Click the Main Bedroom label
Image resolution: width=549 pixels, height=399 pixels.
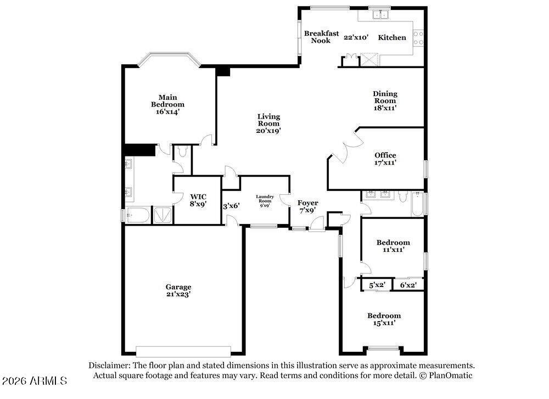click(x=167, y=100)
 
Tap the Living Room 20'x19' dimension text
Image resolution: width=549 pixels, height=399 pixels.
click(x=269, y=131)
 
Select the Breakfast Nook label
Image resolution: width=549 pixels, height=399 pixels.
click(x=321, y=37)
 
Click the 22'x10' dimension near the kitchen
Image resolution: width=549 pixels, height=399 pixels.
click(x=356, y=38)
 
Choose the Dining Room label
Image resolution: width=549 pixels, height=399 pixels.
click(x=385, y=97)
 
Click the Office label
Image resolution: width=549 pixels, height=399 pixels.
click(x=385, y=155)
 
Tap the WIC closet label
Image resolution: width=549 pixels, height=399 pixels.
click(x=198, y=196)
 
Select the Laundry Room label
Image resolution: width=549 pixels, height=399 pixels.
click(x=264, y=199)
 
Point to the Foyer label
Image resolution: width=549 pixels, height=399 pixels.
click(x=308, y=203)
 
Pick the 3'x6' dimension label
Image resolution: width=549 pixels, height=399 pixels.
click(x=231, y=207)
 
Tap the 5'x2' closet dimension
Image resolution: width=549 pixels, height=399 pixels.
click(x=377, y=285)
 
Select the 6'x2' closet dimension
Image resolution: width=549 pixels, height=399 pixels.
click(x=408, y=285)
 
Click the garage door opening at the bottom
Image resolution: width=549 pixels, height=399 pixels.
click(x=183, y=351)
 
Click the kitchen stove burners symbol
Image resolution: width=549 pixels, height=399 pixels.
click(x=419, y=37)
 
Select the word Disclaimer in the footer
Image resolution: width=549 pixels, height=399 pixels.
click(x=109, y=365)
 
